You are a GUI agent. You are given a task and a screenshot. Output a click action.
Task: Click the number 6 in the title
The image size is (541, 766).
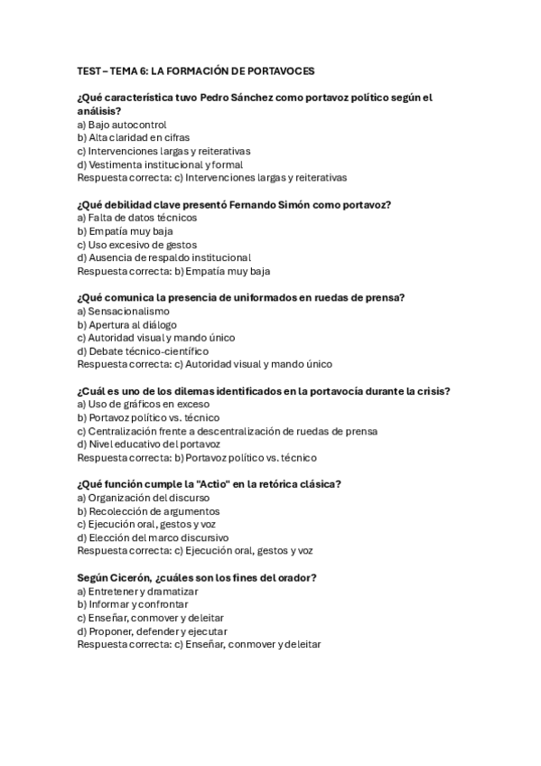143,70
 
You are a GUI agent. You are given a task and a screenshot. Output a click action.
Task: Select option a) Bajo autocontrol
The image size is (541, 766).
122,124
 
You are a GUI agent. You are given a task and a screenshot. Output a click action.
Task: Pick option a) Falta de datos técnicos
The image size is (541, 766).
137,218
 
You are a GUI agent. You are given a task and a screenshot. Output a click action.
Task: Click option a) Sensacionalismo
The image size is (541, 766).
124,311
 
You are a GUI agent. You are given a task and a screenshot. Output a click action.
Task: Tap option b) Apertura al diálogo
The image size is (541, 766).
127,324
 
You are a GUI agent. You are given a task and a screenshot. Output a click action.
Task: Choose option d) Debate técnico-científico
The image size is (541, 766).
143,350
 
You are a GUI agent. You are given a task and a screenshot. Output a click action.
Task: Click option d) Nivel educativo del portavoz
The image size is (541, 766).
149,444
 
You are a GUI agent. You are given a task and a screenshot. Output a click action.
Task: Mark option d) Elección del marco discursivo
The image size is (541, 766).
153,537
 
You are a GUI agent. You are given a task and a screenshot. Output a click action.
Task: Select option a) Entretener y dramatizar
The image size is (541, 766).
137,591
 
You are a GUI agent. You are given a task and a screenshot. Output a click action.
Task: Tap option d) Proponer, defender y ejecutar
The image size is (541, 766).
152,631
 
